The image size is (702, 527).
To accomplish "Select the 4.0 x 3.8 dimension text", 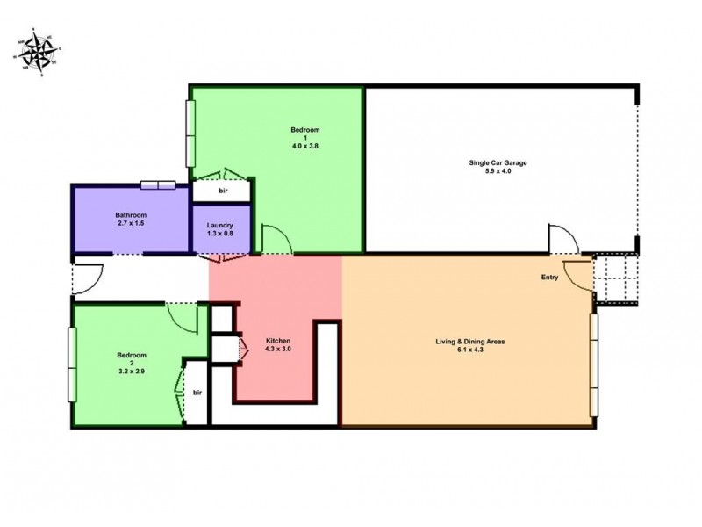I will click(x=304, y=146).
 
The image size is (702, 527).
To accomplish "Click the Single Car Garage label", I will click(x=498, y=163).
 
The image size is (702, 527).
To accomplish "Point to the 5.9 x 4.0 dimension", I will click(x=498, y=171).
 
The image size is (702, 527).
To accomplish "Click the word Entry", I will click(x=549, y=278).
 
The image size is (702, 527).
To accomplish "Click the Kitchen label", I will click(x=278, y=341).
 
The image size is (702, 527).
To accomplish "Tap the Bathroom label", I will click(x=130, y=216).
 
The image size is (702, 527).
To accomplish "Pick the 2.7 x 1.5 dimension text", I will click(x=130, y=225).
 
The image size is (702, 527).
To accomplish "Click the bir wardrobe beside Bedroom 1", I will click(x=223, y=190).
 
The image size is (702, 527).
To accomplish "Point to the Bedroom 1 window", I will click(x=189, y=133).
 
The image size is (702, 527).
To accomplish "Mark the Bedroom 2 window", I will click(x=71, y=365).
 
